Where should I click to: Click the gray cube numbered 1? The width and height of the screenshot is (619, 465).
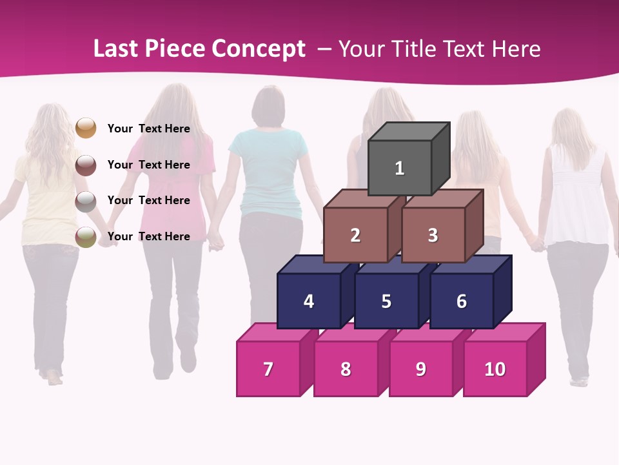(x=400, y=168)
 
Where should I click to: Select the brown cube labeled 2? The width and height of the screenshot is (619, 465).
(x=355, y=235)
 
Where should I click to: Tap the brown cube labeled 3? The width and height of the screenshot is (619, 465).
(x=433, y=235)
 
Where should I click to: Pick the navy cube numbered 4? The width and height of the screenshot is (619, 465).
(x=309, y=301)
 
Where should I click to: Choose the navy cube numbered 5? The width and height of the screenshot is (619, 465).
(x=386, y=301)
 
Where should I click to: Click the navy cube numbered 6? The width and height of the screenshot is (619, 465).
(x=462, y=301)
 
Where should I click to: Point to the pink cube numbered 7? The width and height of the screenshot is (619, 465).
(x=268, y=369)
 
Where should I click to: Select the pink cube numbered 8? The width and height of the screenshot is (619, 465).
(x=346, y=369)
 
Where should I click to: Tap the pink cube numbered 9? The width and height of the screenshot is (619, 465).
(x=420, y=369)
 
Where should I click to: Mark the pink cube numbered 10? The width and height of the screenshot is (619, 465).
(x=495, y=369)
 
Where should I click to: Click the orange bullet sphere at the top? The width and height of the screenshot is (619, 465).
(x=86, y=128)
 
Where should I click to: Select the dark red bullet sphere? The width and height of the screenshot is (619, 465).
(x=86, y=165)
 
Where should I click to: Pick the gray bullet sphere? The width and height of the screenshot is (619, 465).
(x=86, y=201)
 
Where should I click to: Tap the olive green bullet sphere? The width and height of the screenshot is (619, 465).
(x=86, y=237)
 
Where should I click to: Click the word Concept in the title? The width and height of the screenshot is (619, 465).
(x=258, y=49)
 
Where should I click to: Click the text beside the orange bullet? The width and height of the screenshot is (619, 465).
(x=148, y=129)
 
